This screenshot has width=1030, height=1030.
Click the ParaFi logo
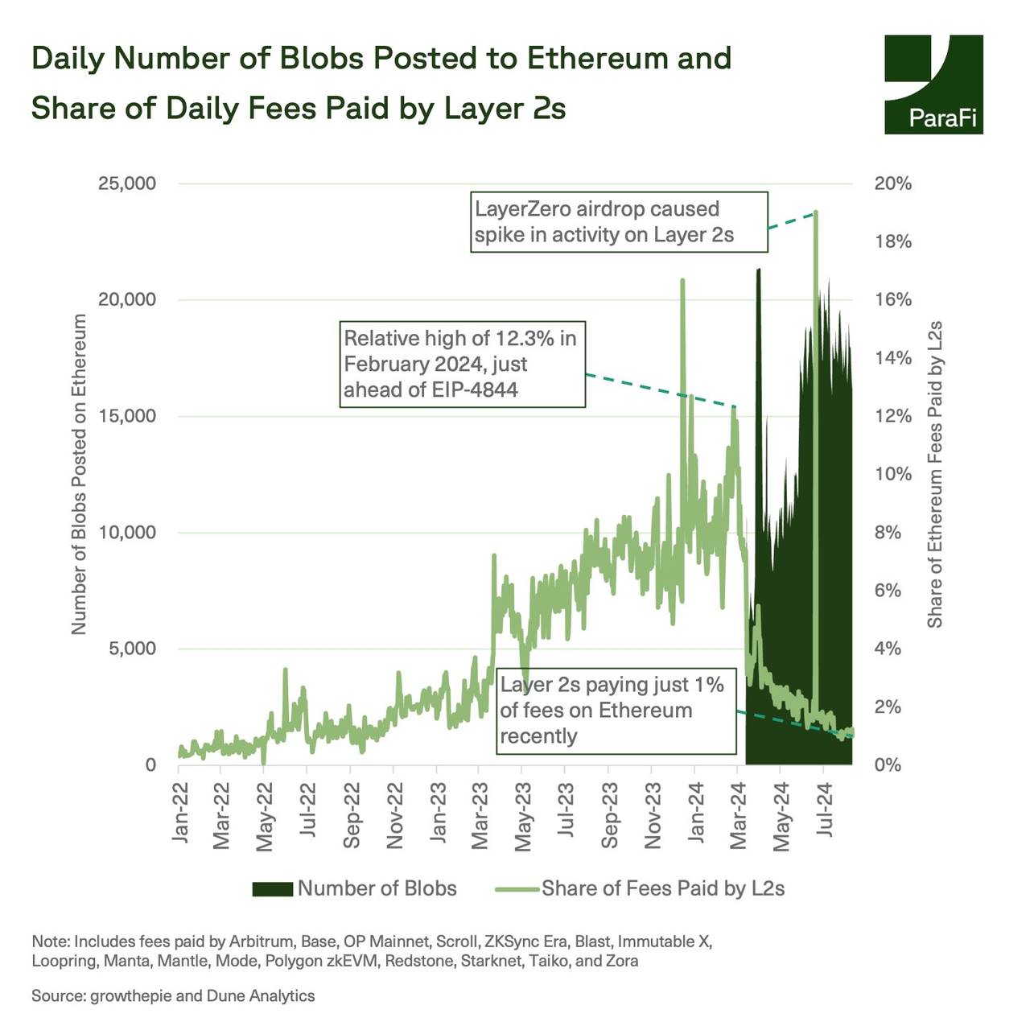click(933, 84)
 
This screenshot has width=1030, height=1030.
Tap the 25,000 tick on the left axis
click(127, 183)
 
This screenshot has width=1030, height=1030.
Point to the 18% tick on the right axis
click(893, 241)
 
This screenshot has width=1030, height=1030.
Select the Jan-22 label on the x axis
click(181, 813)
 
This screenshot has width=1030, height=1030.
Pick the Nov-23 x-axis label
click(653, 814)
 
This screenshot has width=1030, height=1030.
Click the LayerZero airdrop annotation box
click(619, 222)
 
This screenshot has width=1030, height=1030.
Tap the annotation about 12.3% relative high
click(462, 364)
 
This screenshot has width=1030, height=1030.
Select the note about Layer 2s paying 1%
click(616, 711)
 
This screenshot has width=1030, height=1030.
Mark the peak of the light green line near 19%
click(816, 212)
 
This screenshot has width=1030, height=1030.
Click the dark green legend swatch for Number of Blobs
click(272, 888)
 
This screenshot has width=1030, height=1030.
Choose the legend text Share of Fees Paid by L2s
click(662, 888)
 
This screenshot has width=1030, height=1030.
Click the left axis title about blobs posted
click(79, 474)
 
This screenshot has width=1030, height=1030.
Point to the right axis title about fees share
click(934, 475)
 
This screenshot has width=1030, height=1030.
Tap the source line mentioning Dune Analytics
click(173, 996)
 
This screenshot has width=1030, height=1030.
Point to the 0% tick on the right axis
click(888, 764)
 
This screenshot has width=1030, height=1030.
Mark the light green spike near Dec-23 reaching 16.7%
click(682, 281)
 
